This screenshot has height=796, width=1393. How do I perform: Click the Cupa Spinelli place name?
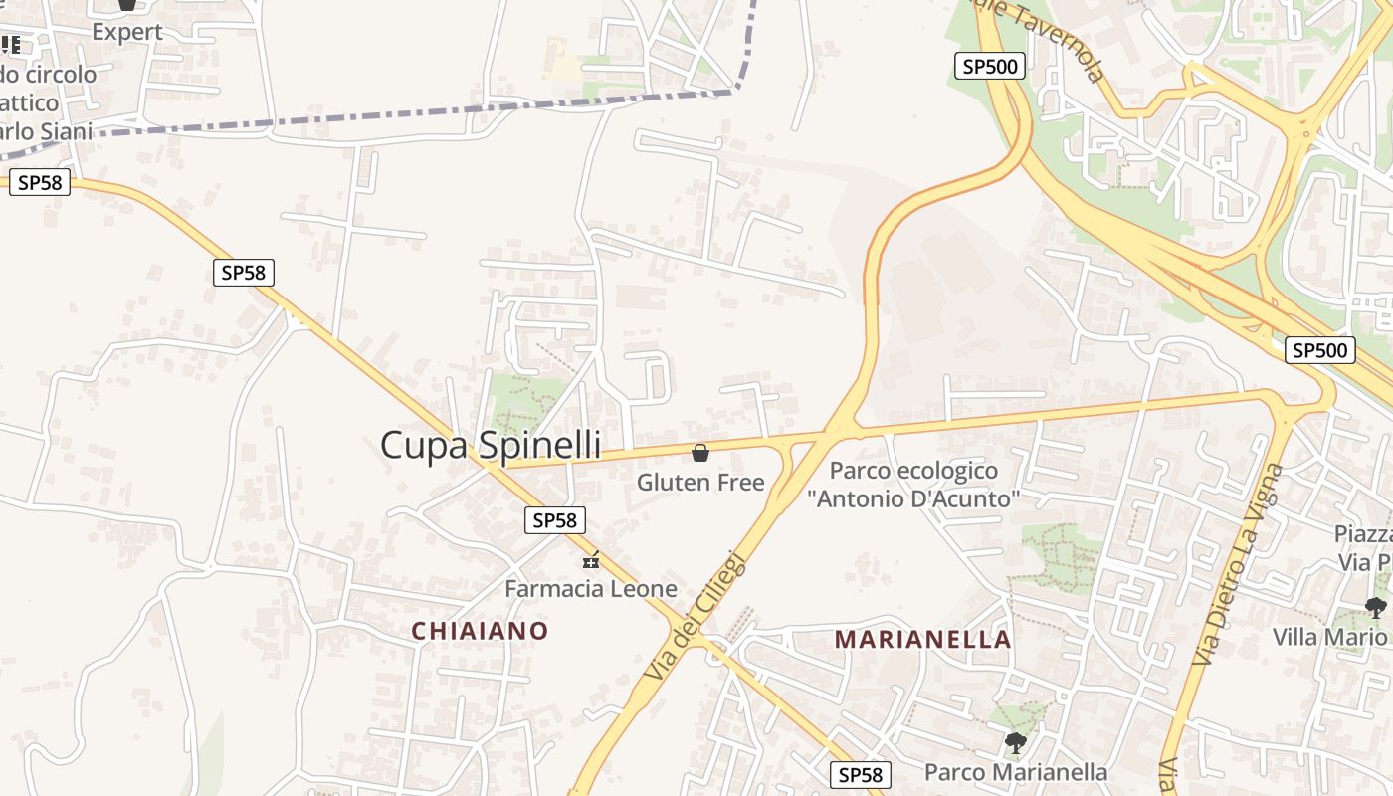[491, 444]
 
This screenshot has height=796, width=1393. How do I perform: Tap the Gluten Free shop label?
[700, 483]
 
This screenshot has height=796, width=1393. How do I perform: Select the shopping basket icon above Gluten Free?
[700, 454]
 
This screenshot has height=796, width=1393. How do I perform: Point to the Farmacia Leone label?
[591, 588]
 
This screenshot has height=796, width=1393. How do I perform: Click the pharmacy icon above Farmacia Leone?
[591, 561]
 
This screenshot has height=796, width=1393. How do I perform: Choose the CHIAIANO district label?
[480, 631]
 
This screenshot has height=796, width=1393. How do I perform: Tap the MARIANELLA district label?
[922, 639]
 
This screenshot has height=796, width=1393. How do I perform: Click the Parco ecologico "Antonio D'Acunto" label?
[913, 485]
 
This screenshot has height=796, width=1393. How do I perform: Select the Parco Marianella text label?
[1016, 772]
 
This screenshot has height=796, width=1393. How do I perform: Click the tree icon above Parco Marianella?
[1015, 742]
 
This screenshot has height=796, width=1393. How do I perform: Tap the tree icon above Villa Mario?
[1376, 607]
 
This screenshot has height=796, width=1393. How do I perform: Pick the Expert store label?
[127, 32]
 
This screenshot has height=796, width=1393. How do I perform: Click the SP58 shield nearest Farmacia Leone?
[555, 519]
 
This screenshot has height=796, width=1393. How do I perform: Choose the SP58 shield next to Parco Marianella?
[860, 774]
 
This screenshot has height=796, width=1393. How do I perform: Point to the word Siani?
[59, 131]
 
